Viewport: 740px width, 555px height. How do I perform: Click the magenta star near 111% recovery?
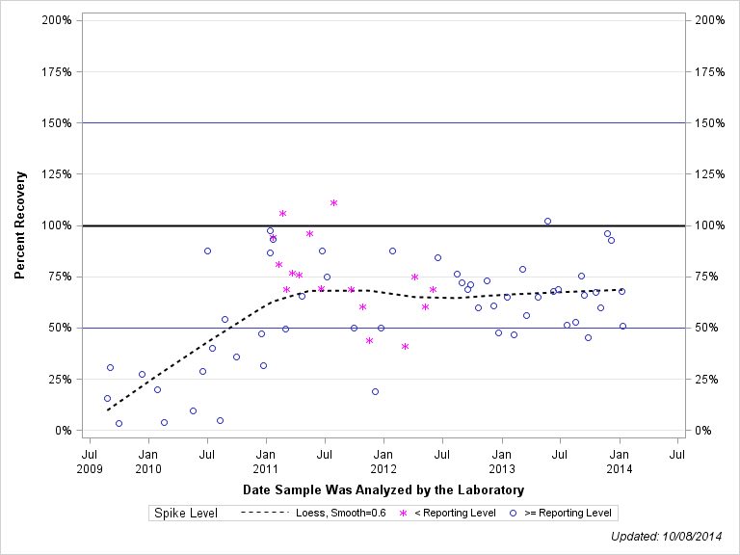[x=333, y=202]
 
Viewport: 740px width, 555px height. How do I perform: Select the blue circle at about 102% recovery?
[x=547, y=221]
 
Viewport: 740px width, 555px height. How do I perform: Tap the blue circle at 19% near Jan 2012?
[x=375, y=391]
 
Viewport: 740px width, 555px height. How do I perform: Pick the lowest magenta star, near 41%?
[x=405, y=346]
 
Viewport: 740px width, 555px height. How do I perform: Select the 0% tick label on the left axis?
[x=64, y=431]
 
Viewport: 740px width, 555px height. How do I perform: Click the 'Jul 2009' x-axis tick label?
[x=90, y=461]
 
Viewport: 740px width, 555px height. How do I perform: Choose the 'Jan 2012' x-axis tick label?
[x=383, y=461]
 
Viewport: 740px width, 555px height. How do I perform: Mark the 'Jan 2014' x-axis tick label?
[x=620, y=461]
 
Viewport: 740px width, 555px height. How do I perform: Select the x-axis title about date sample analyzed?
[x=383, y=490]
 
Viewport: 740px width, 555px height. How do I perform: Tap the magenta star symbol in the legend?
[x=404, y=514]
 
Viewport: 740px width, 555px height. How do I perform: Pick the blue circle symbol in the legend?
[x=514, y=514]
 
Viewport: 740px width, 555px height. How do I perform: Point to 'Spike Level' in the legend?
[x=186, y=514]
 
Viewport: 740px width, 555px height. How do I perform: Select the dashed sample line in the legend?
[x=263, y=514]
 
